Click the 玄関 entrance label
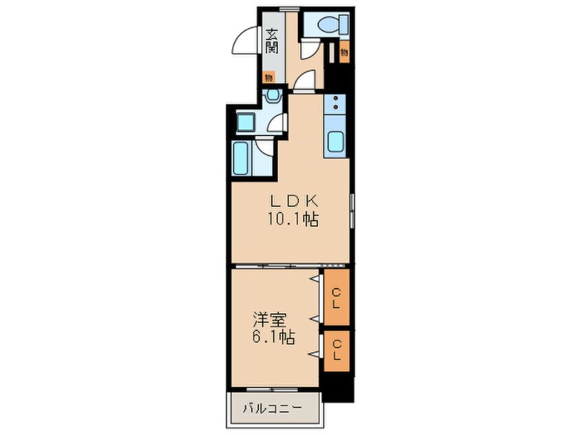coord(272,41)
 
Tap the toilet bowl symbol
coord(334,25)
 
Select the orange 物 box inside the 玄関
coord(269,78)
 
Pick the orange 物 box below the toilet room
coord(344,52)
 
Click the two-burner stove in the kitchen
coord(335,103)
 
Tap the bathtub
coord(240,158)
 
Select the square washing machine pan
coord(246,123)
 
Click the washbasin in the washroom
coord(273,94)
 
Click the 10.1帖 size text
coord(293,220)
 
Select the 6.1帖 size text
coord(274,338)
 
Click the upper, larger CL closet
coord(337,298)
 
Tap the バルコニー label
coord(273,408)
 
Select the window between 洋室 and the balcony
coord(273,390)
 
